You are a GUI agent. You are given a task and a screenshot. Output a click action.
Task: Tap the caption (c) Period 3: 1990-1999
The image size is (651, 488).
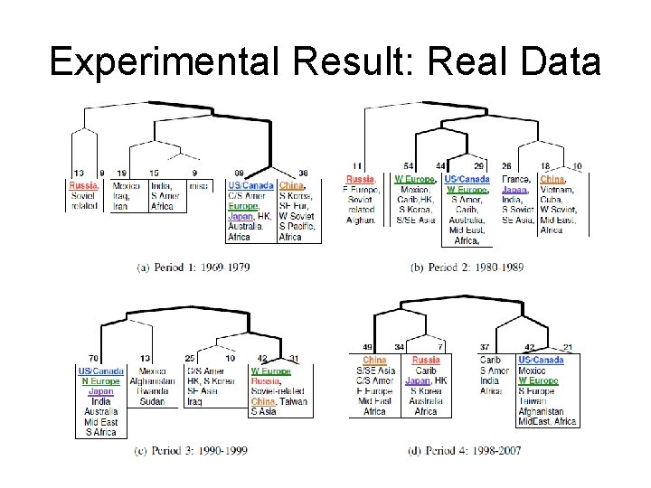coord(190,449)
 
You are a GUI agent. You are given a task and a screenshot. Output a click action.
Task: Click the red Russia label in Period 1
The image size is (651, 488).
coord(84,185)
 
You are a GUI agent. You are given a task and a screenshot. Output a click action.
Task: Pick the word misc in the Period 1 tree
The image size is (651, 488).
coord(197,185)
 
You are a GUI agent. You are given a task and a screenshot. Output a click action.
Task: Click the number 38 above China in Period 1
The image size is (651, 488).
coord(304,173)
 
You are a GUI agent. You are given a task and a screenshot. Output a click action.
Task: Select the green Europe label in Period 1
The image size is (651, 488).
coord(244,206)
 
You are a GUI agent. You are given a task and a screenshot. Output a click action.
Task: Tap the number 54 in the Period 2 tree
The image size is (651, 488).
coord(409,166)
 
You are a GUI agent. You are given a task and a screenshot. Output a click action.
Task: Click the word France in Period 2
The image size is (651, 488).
coord(515,180)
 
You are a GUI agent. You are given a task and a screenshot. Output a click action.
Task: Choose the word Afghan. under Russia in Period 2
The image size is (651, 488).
coord(361,220)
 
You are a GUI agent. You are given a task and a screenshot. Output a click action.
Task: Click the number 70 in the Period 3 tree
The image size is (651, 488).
coord(93,359)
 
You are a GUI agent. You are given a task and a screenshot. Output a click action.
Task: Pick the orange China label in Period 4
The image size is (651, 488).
coord(374,361)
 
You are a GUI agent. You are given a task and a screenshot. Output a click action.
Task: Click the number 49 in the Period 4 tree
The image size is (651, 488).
coord(369,347)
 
